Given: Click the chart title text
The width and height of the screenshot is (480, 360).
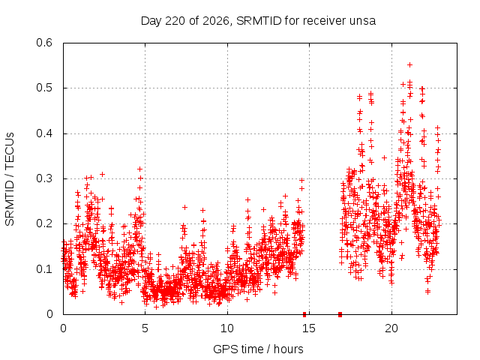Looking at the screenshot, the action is tap(258, 21).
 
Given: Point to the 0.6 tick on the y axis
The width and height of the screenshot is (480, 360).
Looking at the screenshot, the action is tap(44, 43).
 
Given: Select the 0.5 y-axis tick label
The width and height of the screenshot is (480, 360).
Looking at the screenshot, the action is tap(44, 88).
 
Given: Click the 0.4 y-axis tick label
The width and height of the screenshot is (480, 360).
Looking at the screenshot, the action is tap(44, 133).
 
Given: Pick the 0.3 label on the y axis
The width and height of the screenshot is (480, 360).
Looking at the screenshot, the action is tap(44, 178).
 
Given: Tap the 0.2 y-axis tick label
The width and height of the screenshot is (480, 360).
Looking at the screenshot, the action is tap(44, 223).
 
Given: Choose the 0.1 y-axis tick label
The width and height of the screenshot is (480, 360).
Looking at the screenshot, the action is tap(44, 269).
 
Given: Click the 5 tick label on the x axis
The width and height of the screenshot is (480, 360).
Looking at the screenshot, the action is tap(145, 328).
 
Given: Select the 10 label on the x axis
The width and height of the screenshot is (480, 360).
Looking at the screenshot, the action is tap(227, 328).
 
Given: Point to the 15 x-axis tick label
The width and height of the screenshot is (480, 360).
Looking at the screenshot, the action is tap(309, 328).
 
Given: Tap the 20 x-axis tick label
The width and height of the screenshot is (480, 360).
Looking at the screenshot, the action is tap(391, 328).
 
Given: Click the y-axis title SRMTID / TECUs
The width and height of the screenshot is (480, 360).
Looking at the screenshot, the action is tap(10, 179).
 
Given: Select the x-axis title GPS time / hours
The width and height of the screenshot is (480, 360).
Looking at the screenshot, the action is tap(258, 349).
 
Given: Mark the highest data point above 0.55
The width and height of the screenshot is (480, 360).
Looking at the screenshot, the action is tap(410, 65).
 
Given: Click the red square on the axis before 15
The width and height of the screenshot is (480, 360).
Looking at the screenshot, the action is tap(304, 314).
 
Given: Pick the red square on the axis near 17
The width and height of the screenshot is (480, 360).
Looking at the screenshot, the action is tap(340, 314).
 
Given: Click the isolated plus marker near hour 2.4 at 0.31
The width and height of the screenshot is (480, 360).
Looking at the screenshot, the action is tap(103, 175).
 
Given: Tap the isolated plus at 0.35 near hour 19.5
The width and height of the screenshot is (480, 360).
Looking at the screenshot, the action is tap(385, 158).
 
